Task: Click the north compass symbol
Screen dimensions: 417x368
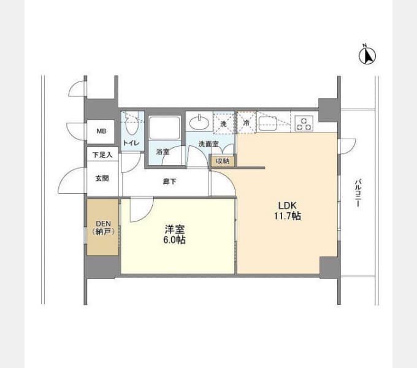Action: [367, 55]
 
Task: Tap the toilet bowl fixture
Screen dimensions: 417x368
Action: [131, 123]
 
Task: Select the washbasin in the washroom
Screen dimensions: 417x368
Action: [199, 123]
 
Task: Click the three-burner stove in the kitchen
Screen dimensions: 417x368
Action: [304, 124]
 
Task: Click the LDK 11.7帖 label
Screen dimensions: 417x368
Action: [288, 210]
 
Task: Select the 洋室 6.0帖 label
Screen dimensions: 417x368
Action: [174, 234]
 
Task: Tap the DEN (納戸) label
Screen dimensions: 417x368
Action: [103, 228]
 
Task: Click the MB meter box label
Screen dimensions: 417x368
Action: [101, 131]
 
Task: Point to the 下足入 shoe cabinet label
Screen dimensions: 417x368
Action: [102, 155]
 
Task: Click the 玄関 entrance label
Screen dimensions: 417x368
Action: [102, 178]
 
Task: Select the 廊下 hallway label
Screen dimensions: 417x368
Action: [169, 182]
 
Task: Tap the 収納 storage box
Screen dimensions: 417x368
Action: [223, 161]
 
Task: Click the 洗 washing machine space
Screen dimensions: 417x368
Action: [223, 123]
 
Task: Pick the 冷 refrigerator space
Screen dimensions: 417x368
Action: [247, 123]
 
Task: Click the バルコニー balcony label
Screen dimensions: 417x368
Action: [358, 193]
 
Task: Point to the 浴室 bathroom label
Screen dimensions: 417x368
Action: [163, 152]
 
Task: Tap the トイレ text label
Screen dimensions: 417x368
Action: [131, 143]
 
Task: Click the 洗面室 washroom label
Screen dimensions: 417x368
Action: [208, 144]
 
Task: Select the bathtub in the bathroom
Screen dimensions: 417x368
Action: [164, 128]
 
